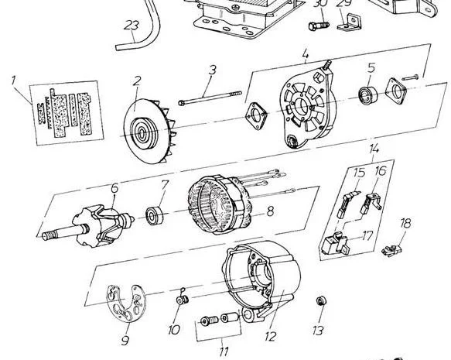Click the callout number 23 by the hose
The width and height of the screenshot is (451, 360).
132,25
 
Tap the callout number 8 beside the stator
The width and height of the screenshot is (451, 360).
270,211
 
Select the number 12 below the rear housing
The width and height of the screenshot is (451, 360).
271,336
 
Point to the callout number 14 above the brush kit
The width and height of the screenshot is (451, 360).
374,149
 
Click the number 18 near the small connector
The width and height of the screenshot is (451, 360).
406,223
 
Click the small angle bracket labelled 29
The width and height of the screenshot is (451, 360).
349,22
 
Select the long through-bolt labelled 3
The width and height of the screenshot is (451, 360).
210,98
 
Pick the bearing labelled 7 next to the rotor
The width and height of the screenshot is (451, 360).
154,215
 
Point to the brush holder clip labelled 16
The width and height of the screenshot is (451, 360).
371,204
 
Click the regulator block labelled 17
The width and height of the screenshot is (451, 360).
336,243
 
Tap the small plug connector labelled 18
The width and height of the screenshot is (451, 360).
391,250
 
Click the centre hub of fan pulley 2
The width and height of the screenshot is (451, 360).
142,133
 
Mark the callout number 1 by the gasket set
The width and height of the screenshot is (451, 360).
12,80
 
